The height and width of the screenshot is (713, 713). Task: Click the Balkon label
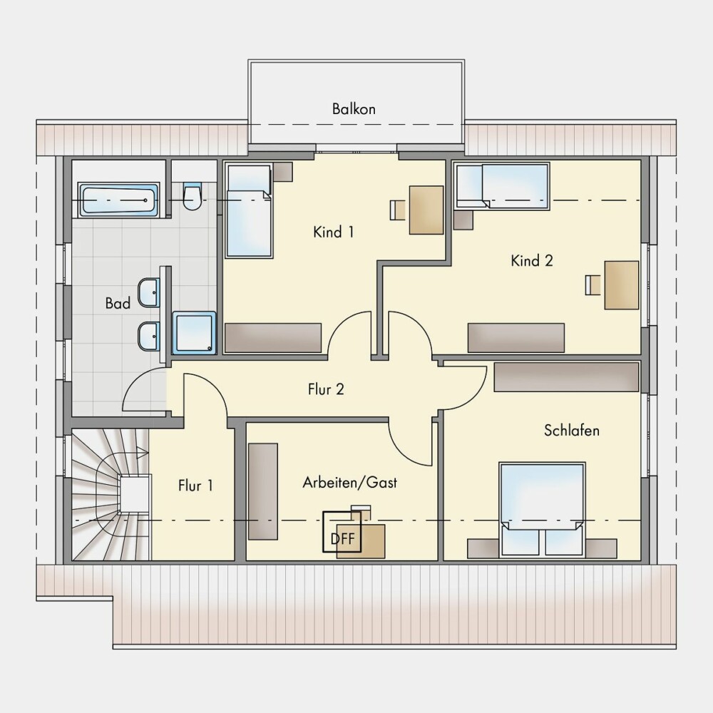coord(354,109)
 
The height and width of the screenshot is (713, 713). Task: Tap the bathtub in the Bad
coord(118,200)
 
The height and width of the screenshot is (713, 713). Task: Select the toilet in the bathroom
coord(193,197)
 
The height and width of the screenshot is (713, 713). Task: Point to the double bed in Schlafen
coord(542,509)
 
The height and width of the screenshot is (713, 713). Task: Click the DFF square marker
coord(342,532)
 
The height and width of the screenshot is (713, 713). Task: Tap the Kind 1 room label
coord(333,232)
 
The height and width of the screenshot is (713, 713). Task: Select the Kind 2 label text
coord(532,260)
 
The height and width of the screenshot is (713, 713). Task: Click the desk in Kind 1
coord(426,210)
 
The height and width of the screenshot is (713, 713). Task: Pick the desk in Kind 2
coord(621,285)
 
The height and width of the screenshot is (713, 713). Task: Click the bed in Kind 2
coord(503,186)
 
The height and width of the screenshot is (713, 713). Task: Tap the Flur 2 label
coord(326,389)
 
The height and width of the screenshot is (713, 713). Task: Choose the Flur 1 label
coord(195,486)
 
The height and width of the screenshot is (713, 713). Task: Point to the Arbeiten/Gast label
coord(349,483)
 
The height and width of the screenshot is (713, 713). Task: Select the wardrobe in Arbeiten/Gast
coord(263,491)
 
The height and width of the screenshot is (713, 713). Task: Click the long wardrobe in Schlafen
coord(566,377)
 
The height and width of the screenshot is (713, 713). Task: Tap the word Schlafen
coord(572,430)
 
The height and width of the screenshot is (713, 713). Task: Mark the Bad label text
coord(118,303)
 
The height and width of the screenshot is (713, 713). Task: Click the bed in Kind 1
coord(249,211)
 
